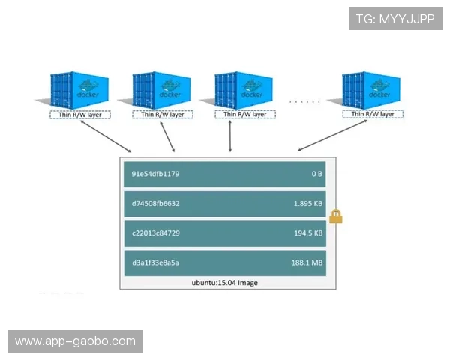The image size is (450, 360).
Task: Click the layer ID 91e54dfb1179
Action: (155, 174)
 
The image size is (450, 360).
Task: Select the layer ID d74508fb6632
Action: (155, 203)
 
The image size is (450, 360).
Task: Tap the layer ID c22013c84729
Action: (155, 233)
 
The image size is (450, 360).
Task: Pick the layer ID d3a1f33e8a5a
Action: (155, 262)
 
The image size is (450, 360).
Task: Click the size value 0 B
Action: (316, 174)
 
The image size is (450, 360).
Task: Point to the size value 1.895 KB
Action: (308, 203)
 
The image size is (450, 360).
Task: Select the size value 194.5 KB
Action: (308, 233)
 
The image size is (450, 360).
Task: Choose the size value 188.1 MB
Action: (307, 262)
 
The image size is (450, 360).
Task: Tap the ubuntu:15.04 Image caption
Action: (224, 283)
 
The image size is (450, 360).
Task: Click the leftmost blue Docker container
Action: (79, 91)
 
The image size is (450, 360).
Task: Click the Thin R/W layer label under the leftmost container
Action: (80, 115)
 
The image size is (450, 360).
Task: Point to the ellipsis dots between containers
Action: (304, 100)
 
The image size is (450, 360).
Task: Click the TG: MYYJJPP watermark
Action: (395, 19)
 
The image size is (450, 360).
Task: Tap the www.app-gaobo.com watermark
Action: (75, 341)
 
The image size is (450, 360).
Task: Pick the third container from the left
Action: (243, 91)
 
